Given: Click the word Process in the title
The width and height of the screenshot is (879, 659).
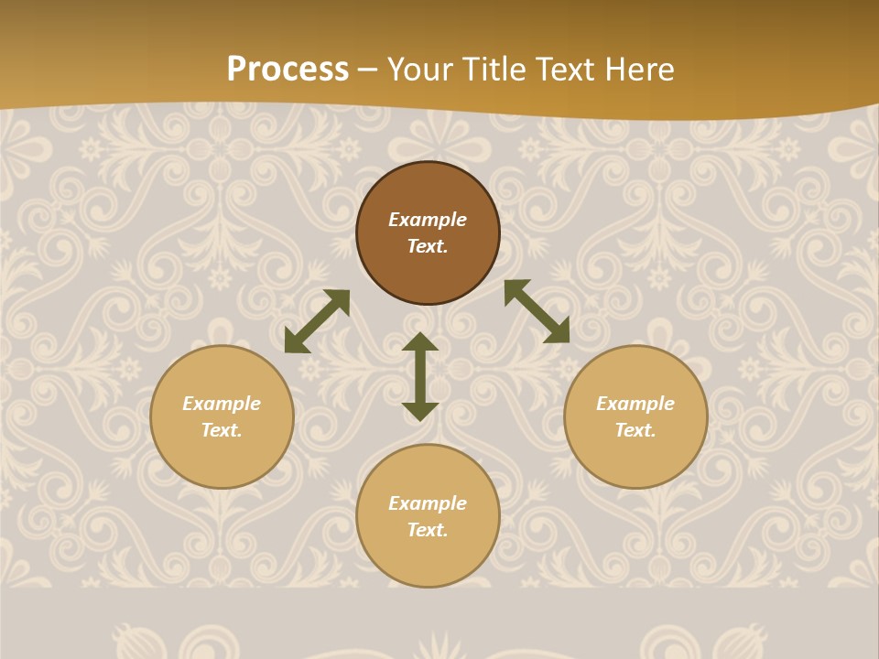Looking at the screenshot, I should [288, 70].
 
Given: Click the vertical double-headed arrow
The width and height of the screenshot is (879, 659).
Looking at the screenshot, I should [420, 376].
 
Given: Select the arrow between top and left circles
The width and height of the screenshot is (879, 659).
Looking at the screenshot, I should [317, 321].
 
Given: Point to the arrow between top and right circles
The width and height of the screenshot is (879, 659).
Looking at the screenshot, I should [537, 311].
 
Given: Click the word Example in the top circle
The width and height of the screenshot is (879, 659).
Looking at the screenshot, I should [428, 220].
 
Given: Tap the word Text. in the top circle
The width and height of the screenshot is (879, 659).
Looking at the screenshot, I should [428, 246].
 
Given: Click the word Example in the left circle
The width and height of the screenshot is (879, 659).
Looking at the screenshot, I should [222, 404].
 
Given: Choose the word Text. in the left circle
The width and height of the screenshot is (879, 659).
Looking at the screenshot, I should [222, 430].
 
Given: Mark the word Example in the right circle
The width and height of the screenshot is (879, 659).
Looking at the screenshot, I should [635, 404].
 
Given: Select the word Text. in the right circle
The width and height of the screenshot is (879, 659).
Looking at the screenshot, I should [635, 430].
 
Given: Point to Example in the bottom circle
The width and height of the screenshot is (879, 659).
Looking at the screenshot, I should [428, 503].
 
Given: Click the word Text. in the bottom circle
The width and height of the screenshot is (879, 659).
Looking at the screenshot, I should [428, 530].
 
